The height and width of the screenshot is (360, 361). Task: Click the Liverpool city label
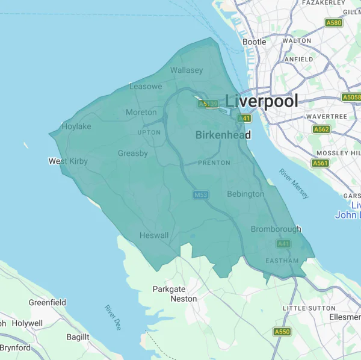[x=262, y=101]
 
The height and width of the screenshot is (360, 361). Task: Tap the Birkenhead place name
[x=223, y=135]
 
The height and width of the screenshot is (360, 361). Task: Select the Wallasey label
[x=187, y=70]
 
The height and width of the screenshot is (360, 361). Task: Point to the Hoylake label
[x=76, y=126]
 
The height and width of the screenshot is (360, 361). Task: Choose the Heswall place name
[x=154, y=235]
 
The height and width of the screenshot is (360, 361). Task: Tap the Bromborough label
[x=268, y=229]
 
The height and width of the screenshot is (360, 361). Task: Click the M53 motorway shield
[x=200, y=195]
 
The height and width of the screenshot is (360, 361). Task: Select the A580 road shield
[x=333, y=23]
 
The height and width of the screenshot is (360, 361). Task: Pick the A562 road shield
[x=321, y=129]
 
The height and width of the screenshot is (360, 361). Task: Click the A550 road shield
[x=282, y=332]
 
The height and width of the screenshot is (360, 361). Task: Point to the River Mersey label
[x=294, y=184]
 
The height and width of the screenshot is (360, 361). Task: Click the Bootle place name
[x=254, y=42]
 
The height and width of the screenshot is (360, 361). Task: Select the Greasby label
[x=133, y=154]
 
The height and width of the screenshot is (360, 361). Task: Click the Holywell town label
[x=28, y=323]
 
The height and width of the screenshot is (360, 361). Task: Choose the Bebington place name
[x=245, y=194]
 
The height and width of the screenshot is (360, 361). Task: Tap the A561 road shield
[x=320, y=163]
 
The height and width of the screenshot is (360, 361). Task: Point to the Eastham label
[x=282, y=261]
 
